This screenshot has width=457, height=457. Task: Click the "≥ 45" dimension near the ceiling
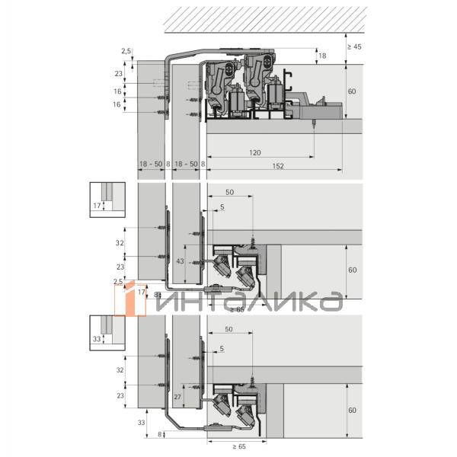(354, 47)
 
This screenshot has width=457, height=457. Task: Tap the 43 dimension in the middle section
(181, 260)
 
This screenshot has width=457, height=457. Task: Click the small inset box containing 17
(104, 197)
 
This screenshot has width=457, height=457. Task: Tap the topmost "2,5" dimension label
(126, 50)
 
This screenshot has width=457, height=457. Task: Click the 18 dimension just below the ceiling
(322, 56)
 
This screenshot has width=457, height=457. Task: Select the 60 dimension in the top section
(351, 91)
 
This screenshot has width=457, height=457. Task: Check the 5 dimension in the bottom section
(222, 350)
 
